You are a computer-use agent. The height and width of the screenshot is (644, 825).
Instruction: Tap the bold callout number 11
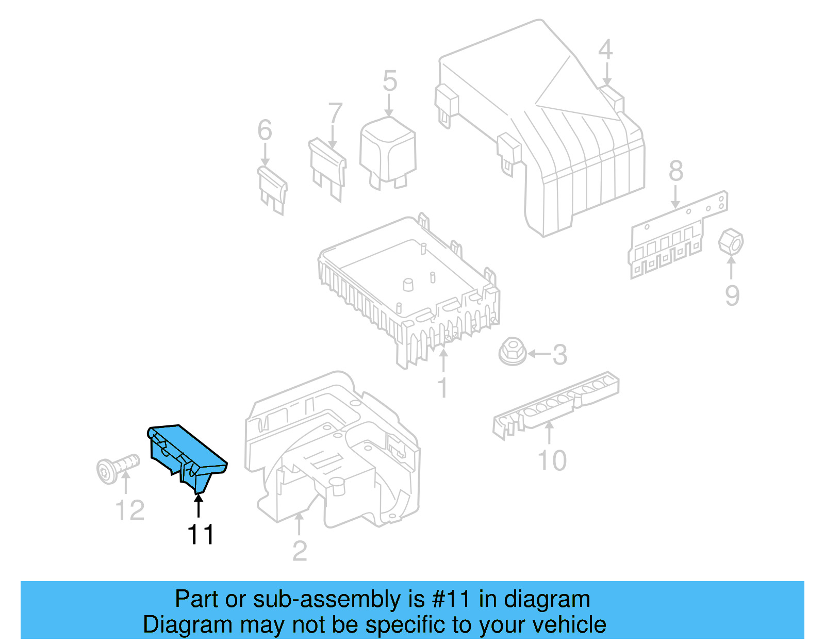[x=201, y=535]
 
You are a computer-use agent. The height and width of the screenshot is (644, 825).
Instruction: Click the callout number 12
[x=129, y=510]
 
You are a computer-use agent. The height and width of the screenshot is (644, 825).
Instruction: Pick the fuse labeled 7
[x=328, y=168]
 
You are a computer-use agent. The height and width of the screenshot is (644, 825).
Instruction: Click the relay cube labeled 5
[x=388, y=150]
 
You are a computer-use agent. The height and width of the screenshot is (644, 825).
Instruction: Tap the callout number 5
[x=390, y=81]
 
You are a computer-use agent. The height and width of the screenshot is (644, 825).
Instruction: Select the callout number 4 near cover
[x=605, y=49]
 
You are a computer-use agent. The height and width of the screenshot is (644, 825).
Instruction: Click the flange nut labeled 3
[x=512, y=352]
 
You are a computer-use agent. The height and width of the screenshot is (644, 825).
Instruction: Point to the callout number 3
[x=559, y=355]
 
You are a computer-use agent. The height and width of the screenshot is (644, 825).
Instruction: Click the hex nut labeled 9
[x=731, y=242]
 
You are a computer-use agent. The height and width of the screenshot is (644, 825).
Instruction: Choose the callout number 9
[x=732, y=295]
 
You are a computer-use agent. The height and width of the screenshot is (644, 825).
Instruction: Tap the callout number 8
[x=675, y=171]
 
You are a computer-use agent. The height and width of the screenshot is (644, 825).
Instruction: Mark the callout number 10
[x=552, y=460]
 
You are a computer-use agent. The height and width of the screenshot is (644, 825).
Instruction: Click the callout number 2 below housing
[x=300, y=551]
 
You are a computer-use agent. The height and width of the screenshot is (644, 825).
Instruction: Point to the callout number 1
[x=442, y=387]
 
